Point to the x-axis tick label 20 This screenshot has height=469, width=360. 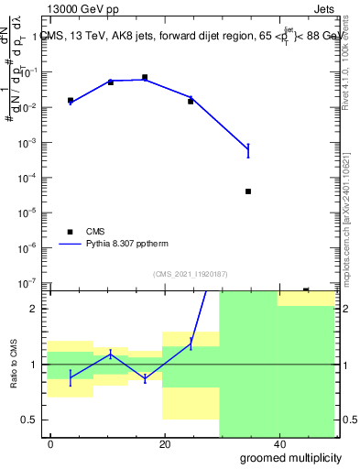[x=165, y=444]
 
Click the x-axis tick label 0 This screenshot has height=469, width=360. [x=51, y=444]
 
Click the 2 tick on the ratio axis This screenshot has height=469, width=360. [x=38, y=309]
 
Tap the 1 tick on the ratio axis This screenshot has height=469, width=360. [x=38, y=365]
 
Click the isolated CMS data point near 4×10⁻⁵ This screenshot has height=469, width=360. [x=248, y=191]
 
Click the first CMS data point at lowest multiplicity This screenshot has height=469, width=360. [x=71, y=101]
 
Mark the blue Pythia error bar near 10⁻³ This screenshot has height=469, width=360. [x=248, y=150]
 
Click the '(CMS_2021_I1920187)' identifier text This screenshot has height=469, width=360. [x=190, y=274]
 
